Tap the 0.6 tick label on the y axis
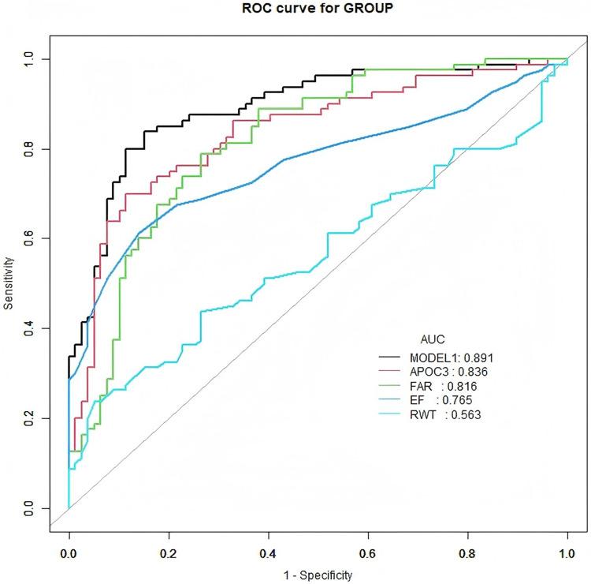point(32,238)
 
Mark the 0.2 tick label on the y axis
point(32,417)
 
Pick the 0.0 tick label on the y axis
point(32,507)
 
